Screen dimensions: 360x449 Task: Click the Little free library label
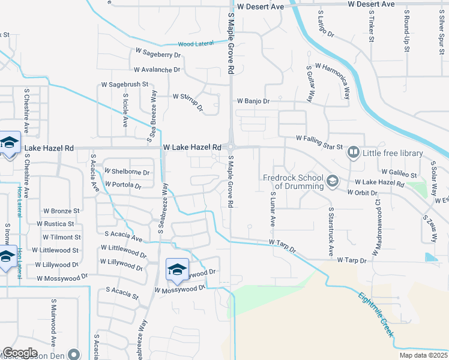point(393,153)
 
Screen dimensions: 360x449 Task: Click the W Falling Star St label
point(319,139)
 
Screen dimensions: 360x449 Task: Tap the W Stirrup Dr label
point(188,102)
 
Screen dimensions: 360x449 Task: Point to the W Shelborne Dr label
point(127,172)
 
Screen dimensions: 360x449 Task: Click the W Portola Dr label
point(122,185)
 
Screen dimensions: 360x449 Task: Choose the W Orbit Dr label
point(363,193)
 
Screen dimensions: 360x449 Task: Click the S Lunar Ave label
point(272,209)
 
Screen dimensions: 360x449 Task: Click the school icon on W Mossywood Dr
point(177,269)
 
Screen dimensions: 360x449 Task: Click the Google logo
point(20,353)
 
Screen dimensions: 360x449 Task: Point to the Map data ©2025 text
point(423,355)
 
